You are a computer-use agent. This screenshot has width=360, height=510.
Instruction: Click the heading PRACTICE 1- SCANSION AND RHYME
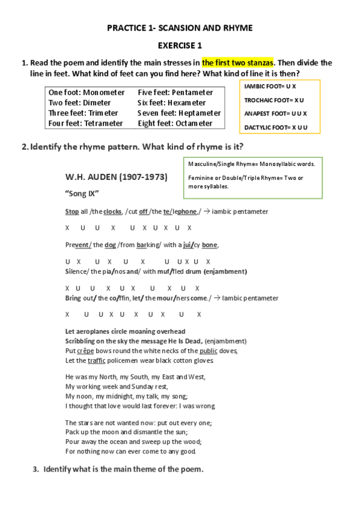click(x=180, y=28)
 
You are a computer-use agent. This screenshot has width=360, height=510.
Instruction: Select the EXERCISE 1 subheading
click(x=180, y=45)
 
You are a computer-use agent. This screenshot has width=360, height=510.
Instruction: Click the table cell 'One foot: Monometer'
click(x=87, y=93)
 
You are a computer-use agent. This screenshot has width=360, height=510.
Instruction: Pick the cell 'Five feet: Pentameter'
click(x=175, y=93)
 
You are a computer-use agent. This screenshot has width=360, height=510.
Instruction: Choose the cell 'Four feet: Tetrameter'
click(x=85, y=123)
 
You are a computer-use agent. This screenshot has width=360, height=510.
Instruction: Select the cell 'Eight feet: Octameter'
click(x=175, y=123)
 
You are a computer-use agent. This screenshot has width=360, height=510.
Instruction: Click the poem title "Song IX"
click(x=82, y=194)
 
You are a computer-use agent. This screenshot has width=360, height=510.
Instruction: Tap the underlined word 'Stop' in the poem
click(x=72, y=212)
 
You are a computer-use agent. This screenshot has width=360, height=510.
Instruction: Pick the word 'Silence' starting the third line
click(x=77, y=271)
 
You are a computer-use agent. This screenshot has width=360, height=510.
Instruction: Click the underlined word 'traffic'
click(x=96, y=360)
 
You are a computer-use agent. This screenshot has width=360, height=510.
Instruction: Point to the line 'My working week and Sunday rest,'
click(x=117, y=386)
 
